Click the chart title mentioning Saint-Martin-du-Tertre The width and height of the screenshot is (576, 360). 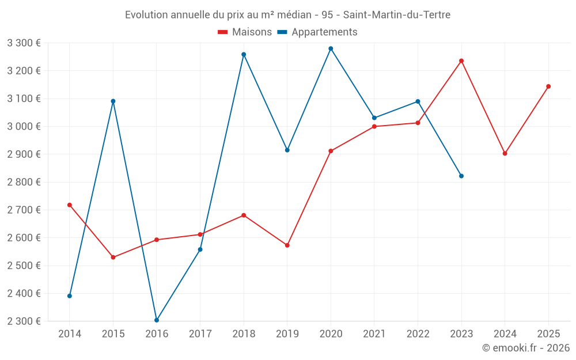287,14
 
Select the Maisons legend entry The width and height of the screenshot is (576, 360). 245,32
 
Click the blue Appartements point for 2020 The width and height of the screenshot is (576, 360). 331,48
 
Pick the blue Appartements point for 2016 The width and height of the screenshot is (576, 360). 157,320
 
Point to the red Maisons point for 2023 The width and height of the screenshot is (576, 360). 461,61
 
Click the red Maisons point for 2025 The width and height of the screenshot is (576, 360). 548,86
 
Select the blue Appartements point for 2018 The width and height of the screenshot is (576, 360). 244,55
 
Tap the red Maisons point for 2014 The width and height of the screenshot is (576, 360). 70,205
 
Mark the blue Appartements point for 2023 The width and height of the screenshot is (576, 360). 461,176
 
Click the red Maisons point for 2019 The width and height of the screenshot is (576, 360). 287,245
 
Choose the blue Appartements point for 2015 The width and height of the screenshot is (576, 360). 113,101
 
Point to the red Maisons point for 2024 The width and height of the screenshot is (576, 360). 505,154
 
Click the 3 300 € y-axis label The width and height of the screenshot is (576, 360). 24,43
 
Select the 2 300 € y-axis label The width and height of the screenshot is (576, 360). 24,321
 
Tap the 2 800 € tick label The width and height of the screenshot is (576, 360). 24,182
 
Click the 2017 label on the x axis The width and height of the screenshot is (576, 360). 200,334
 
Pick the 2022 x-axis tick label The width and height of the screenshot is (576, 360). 418,334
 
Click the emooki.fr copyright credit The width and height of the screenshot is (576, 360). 526,348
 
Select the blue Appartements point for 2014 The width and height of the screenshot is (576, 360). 70,296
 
